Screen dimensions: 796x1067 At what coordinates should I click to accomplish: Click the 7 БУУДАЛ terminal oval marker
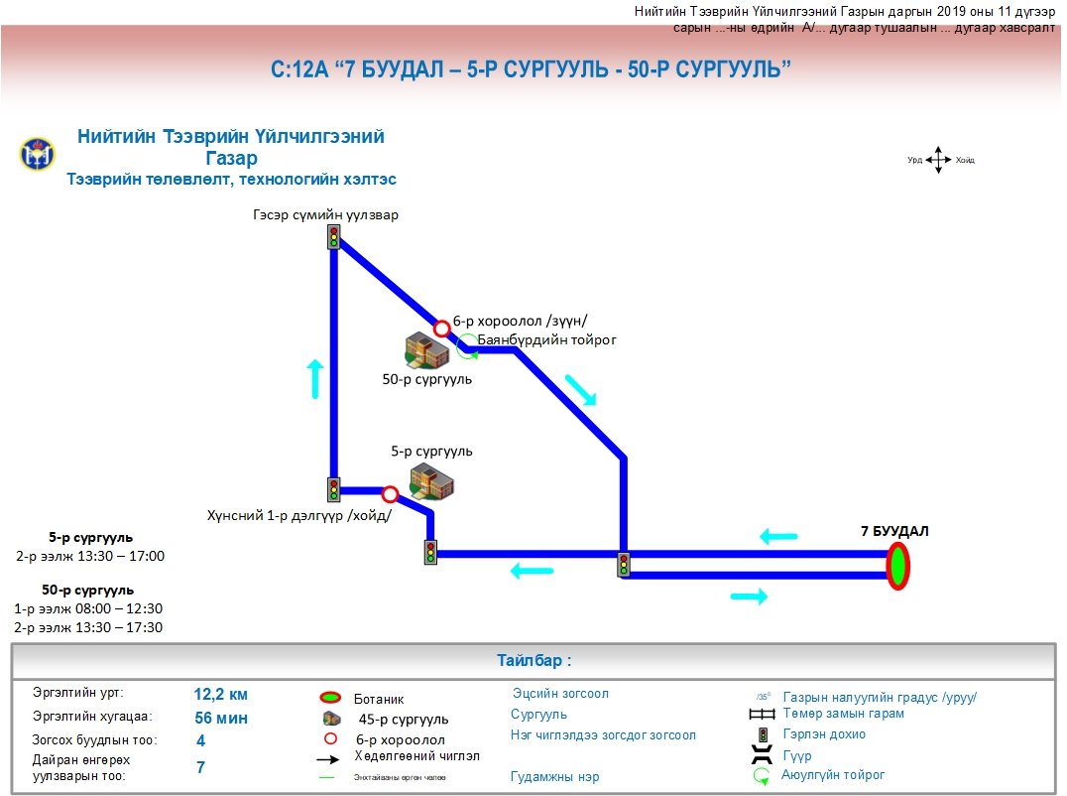(897, 566)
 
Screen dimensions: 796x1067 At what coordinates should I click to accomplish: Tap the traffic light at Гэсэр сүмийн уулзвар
(334, 237)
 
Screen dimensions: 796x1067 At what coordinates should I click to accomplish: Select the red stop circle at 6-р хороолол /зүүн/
(442, 329)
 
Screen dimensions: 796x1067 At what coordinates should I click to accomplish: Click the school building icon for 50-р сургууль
(427, 349)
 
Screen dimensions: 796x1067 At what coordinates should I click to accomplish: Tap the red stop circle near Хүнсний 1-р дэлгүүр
(390, 493)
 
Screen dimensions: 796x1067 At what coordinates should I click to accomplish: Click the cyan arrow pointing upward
(315, 379)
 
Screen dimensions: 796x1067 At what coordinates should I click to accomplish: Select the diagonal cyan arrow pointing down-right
(581, 390)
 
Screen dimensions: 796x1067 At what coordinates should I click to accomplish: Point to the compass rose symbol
(938, 160)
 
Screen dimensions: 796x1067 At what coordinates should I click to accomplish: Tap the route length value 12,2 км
(221, 695)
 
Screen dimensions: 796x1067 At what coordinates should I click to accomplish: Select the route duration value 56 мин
(221, 719)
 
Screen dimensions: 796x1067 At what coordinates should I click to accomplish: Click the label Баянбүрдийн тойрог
(547, 339)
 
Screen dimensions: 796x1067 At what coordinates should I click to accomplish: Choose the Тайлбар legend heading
(533, 661)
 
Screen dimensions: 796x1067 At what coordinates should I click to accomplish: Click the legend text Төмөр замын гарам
(843, 714)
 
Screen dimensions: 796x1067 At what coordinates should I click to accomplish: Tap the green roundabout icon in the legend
(762, 776)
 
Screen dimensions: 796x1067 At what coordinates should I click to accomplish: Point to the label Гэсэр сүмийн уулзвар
(325, 214)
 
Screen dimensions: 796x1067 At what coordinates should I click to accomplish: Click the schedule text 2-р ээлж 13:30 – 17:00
(90, 556)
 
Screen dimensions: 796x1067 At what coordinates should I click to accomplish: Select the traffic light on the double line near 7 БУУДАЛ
(624, 565)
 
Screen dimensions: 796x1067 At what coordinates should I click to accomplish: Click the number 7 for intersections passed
(200, 766)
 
